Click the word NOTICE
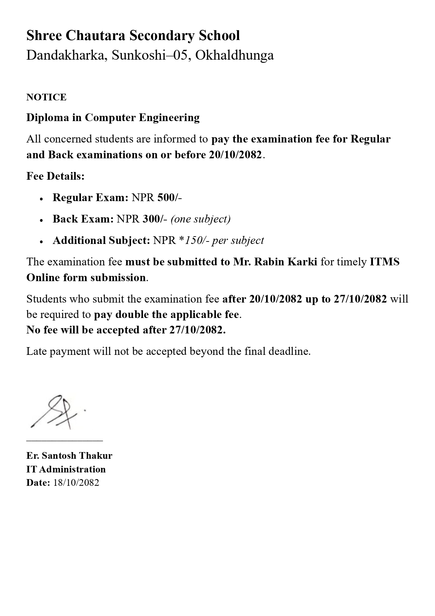46,97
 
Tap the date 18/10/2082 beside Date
76,483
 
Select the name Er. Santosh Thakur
69,456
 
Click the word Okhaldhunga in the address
234,55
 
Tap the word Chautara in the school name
95,36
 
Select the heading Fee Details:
55,176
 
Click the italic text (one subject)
200,219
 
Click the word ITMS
385,262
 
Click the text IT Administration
66,469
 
